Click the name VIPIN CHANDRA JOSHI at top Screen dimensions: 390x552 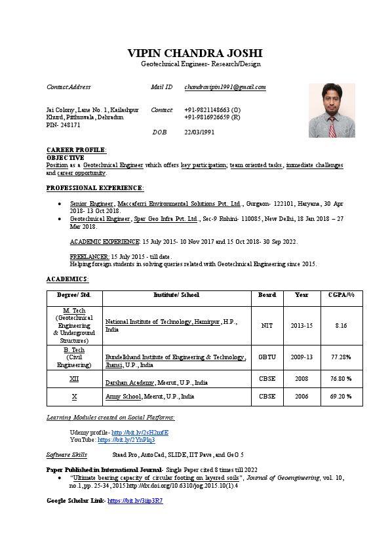coord(195,52)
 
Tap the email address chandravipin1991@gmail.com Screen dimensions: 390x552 coord(225,87)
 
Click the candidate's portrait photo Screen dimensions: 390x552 coord(332,110)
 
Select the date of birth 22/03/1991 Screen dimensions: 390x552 coord(199,132)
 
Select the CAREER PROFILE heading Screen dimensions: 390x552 coord(76,150)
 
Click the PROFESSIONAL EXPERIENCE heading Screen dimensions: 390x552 coord(94,188)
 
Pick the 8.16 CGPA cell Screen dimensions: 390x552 coord(341,325)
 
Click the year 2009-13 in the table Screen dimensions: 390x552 coord(302,357)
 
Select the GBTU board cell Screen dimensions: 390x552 coord(267,357)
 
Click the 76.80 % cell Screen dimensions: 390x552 coord(341,378)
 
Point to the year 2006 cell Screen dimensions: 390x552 coord(302,397)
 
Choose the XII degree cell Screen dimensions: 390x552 coord(74,378)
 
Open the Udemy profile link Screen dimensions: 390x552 coord(140,433)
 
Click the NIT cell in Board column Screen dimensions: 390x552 coord(267,325)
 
